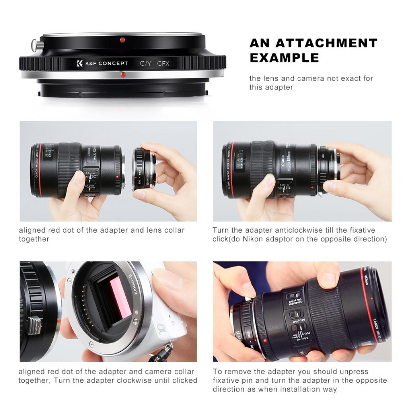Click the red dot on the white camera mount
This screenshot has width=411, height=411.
coord(60,320)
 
